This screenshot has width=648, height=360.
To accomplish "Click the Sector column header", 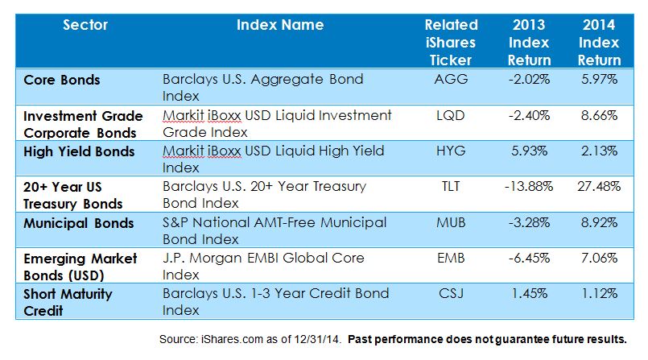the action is coord(85,25).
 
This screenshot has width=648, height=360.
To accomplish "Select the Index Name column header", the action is coord(280,25).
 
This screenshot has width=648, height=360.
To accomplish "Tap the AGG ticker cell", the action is coord(451,79).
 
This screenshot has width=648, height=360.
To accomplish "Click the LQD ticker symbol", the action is coord(451,115).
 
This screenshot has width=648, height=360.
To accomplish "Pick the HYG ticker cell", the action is coord(451,151).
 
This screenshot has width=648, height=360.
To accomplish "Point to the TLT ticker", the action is coord(451,186).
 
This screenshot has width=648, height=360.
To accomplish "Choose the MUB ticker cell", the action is coord(451,222).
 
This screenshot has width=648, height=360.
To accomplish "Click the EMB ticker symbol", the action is coord(451,258).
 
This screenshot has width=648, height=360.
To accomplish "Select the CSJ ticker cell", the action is coord(451,293).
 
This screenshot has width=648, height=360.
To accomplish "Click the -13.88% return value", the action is coord(529,186).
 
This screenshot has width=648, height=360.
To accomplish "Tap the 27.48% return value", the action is coord(599,186).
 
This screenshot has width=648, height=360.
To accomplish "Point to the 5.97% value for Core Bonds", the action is coord(599,79).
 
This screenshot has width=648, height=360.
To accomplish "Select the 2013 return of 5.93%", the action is coord(530,151).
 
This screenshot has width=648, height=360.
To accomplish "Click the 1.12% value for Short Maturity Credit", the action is coord(599,293).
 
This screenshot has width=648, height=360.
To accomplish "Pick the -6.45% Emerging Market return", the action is coord(529,258).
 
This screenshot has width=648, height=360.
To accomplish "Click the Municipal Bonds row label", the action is coord(79,223).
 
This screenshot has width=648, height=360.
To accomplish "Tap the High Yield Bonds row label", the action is coord(79,151).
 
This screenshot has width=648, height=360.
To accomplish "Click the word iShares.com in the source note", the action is coord(232,339).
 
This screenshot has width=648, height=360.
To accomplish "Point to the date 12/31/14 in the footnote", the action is coord(316,339).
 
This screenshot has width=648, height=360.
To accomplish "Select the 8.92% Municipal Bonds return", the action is coord(599,222).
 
